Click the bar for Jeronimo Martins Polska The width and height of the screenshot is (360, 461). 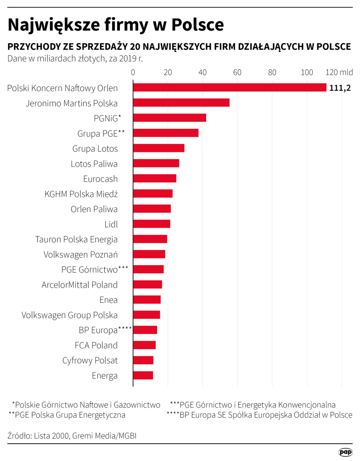click(x=181, y=103)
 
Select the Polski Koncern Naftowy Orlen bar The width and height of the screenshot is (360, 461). click(x=230, y=87)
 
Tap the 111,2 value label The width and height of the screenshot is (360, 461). click(x=340, y=88)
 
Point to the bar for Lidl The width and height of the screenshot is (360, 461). click(x=151, y=224)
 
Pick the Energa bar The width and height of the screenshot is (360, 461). click(x=143, y=375)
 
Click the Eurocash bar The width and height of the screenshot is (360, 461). click(x=155, y=178)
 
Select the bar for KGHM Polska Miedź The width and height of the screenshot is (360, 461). click(x=153, y=194)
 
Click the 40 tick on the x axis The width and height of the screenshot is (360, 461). click(x=202, y=72)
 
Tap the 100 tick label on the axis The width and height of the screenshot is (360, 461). click(x=307, y=72)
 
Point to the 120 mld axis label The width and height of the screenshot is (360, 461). click(x=339, y=72)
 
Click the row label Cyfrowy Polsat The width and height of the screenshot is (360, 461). click(x=90, y=360)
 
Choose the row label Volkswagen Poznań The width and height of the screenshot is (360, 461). click(x=81, y=254)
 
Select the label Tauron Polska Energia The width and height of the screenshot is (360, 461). click(x=76, y=239)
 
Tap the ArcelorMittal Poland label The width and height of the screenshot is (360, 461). click(x=80, y=285)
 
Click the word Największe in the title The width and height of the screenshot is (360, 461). click(x=54, y=25)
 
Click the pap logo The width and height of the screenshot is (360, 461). click(x=345, y=452)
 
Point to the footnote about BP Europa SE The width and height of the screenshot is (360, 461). click(x=259, y=415)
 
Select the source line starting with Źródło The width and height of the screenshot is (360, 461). click(x=72, y=436)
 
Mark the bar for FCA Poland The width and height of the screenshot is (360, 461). click(x=144, y=345)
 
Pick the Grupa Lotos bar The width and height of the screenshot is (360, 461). click(x=159, y=148)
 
